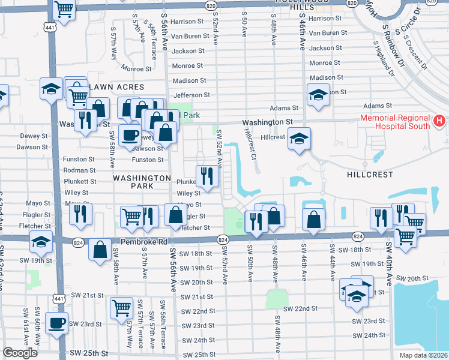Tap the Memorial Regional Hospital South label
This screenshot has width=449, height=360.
click(x=395, y=122)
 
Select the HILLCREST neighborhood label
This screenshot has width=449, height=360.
click(x=370, y=175)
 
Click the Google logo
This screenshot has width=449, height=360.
click(x=20, y=353)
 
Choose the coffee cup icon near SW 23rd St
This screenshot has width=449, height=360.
click(x=57, y=323)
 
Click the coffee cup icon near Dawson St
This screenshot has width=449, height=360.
click(x=129, y=135)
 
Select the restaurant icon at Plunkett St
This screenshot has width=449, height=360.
click(x=207, y=176)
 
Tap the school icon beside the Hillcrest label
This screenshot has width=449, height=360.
click(x=298, y=139)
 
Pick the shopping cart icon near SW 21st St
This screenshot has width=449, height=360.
click(x=122, y=308)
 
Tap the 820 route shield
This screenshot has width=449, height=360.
click(x=209, y=5)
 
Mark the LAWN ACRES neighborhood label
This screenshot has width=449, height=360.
click(x=117, y=87)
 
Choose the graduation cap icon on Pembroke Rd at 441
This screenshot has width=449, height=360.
click(x=41, y=242)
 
